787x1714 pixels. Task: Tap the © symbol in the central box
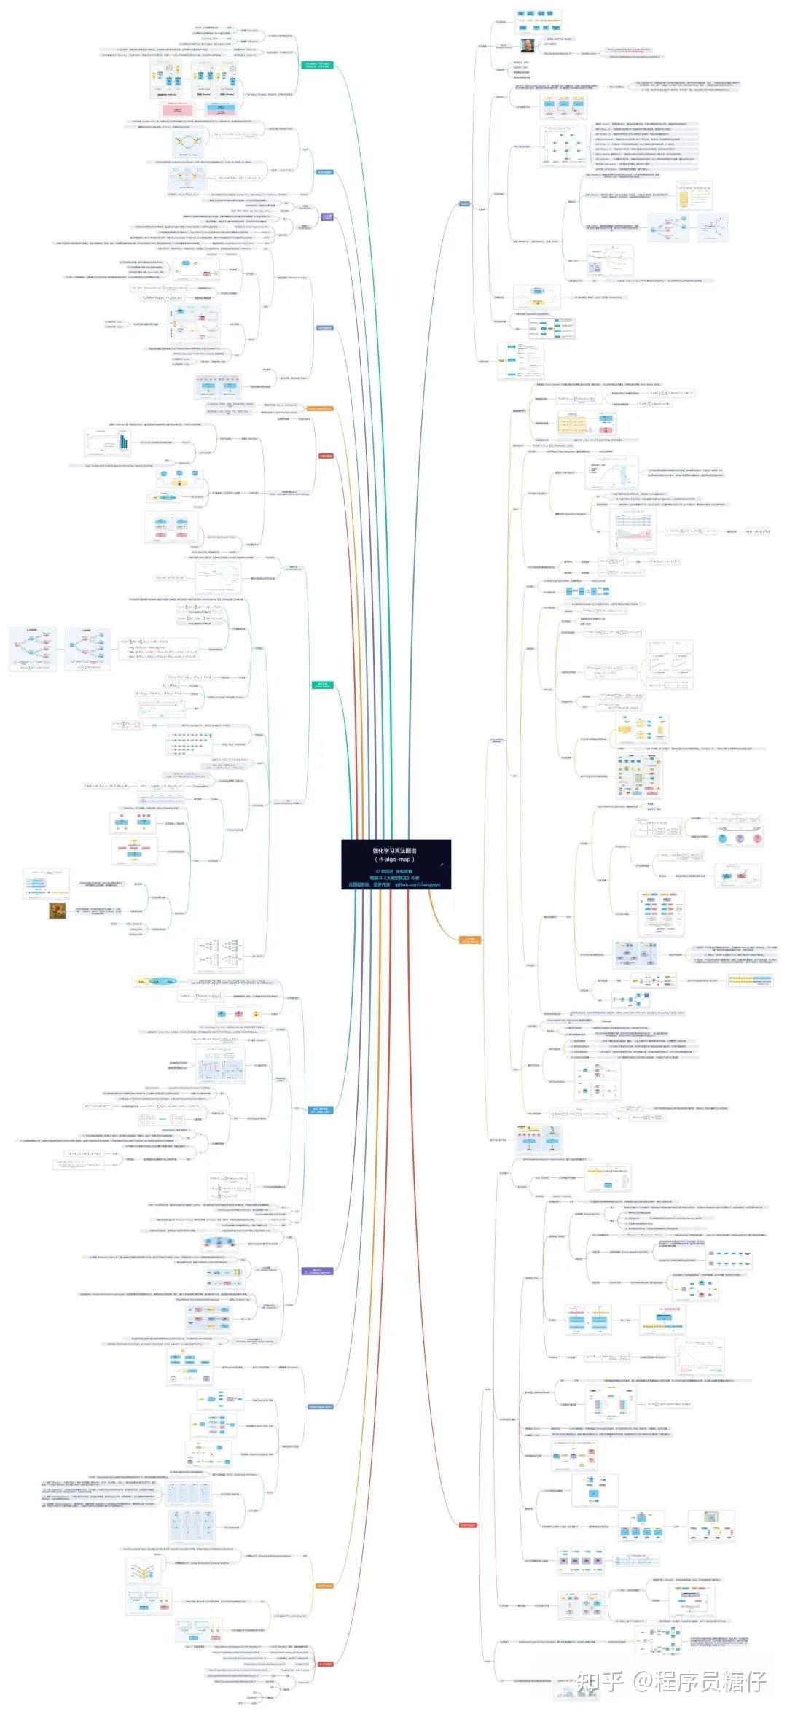click(x=377, y=871)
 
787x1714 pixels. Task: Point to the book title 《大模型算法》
click(x=395, y=878)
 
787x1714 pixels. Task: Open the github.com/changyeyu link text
click(x=418, y=884)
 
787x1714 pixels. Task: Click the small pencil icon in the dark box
click(x=442, y=864)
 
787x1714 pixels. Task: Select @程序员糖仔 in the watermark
click(x=700, y=1682)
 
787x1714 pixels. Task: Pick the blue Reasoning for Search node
click(x=320, y=1406)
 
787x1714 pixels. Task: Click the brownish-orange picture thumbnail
click(x=58, y=910)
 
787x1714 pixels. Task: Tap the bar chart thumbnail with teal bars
click(x=124, y=441)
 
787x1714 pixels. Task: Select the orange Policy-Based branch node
click(x=471, y=940)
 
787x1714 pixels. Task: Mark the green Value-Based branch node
click(x=322, y=685)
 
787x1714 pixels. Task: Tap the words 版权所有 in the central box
click(x=406, y=871)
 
